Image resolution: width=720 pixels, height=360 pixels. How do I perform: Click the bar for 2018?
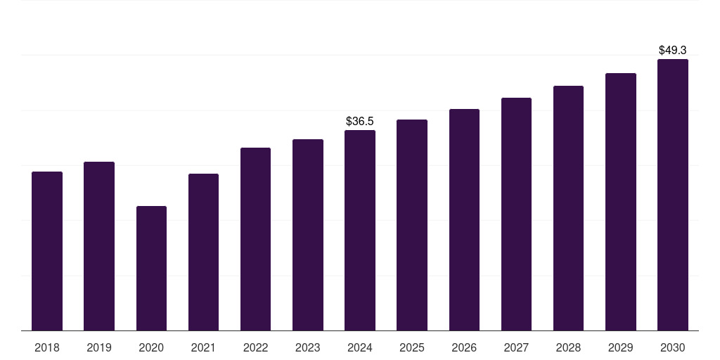[47, 251]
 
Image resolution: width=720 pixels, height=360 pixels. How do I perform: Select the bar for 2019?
[99, 246]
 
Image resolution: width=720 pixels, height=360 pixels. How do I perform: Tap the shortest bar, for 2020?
[151, 268]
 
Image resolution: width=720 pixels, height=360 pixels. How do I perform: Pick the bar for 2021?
[203, 252]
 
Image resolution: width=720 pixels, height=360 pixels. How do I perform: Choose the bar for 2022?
[255, 239]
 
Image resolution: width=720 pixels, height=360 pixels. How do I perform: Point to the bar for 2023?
[308, 235]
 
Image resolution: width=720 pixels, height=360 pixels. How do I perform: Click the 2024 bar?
[360, 230]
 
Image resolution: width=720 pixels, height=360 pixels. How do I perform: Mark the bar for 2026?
[464, 219]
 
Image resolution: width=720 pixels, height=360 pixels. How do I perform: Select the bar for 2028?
[568, 208]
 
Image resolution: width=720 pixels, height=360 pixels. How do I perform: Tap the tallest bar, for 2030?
[673, 195]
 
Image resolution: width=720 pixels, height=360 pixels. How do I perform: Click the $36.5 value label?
[360, 122]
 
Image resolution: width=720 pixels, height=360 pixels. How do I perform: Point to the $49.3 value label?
[673, 51]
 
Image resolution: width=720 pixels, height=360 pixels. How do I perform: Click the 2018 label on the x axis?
[47, 348]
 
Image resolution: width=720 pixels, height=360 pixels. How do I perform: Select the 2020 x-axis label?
[151, 348]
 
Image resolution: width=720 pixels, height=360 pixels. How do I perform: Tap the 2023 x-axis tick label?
[308, 348]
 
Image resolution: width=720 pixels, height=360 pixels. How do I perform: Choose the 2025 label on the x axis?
[412, 348]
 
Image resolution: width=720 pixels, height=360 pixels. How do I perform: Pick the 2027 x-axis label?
[516, 348]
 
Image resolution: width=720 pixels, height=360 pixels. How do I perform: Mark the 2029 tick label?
[621, 348]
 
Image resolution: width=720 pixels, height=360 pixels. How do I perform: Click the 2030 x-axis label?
[673, 348]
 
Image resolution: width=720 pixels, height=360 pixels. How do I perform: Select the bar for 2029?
[621, 202]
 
